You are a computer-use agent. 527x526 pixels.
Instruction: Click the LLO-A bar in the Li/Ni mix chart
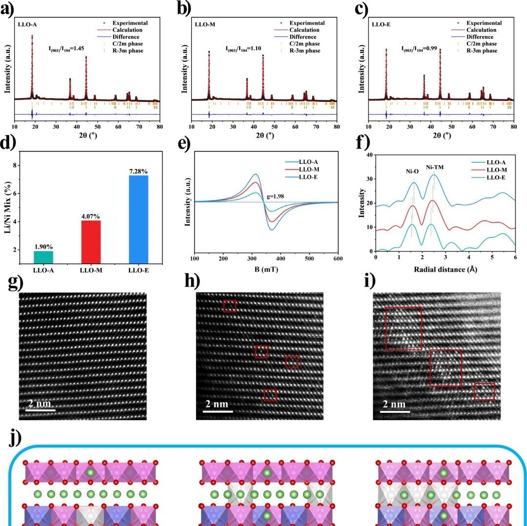pos(44,257)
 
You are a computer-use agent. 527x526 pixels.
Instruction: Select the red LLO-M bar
pos(91,242)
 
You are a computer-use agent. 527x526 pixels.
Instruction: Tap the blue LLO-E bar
pos(139,219)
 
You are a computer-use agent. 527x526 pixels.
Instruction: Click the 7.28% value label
pos(139,171)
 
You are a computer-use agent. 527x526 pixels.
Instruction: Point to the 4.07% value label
pos(91,216)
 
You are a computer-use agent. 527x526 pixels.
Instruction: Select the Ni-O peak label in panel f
pos(412,172)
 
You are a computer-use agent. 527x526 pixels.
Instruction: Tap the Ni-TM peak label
pos(435,167)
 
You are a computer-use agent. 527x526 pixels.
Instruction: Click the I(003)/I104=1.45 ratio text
pos(66,49)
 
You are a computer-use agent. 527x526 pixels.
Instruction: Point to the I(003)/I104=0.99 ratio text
pos(419,49)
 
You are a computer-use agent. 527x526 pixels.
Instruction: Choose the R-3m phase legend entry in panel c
pos(477,51)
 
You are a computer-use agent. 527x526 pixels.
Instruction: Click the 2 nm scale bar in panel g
pos(41,410)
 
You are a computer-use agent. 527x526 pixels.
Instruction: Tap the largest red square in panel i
pos(404,328)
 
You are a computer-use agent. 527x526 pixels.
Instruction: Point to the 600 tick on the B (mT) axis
pos(338,258)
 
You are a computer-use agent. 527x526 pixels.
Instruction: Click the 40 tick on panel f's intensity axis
pos(370,155)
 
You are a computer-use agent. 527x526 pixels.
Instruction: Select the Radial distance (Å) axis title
pos(446,269)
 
